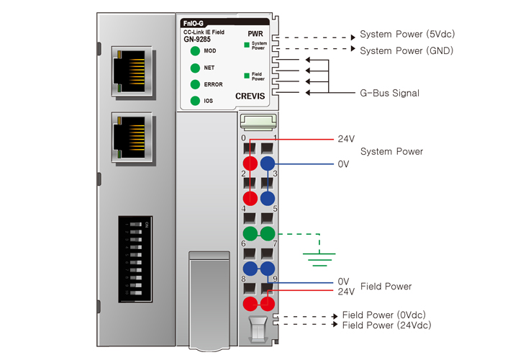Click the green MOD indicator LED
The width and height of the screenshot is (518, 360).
194,51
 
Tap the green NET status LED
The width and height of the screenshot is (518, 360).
194,68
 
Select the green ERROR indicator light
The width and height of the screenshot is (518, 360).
194,84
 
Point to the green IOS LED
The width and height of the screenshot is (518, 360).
194,101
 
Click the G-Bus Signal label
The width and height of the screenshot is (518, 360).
389,94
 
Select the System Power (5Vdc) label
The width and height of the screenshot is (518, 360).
407,34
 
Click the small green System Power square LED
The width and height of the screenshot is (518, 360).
246,45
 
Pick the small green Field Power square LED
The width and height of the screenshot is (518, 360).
246,75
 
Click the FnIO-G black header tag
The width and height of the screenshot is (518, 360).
196,24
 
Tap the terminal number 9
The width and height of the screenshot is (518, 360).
276,279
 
